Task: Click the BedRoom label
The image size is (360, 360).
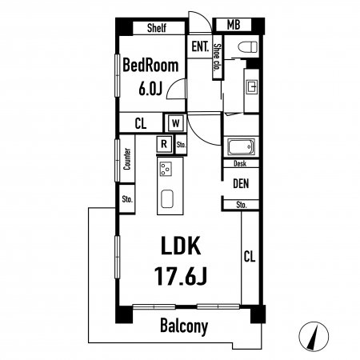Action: click(x=150, y=66)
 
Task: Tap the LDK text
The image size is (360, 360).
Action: click(x=181, y=246)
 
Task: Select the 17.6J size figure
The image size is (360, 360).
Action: click(x=181, y=276)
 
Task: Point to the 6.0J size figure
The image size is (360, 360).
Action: click(x=150, y=88)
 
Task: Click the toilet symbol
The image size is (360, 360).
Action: click(x=248, y=47)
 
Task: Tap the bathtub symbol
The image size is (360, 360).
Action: click(x=241, y=146)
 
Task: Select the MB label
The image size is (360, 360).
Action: click(x=234, y=25)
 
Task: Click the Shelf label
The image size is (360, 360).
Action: click(x=157, y=28)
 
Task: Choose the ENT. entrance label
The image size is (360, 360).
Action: click(x=200, y=46)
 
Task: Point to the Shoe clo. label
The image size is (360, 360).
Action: click(x=217, y=57)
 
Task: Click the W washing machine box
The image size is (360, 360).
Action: click(x=175, y=123)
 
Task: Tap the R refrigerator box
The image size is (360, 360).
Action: click(x=164, y=144)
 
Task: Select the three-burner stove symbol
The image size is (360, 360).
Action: click(x=166, y=170)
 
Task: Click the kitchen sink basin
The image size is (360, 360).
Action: click(x=167, y=199)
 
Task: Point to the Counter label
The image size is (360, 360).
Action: click(x=127, y=159)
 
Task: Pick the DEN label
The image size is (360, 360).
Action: click(x=241, y=184)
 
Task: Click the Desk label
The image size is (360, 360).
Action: click(x=240, y=164)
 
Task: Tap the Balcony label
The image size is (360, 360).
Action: click(x=184, y=326)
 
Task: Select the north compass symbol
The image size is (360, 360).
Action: click(x=314, y=337)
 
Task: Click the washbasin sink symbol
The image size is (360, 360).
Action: click(x=252, y=86)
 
